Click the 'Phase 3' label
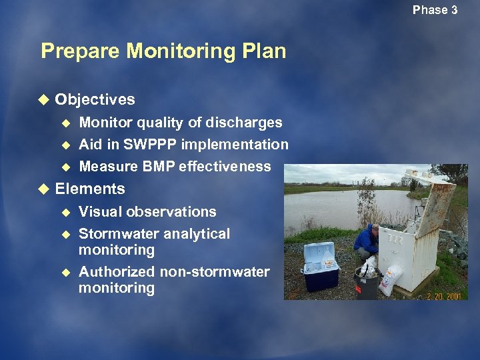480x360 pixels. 435,10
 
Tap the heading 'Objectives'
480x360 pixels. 95,100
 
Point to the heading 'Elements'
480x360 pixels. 90,189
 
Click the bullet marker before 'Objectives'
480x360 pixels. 44,100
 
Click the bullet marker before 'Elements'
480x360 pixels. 44,189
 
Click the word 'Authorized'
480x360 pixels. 117,272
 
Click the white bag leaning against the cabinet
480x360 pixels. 391,278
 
